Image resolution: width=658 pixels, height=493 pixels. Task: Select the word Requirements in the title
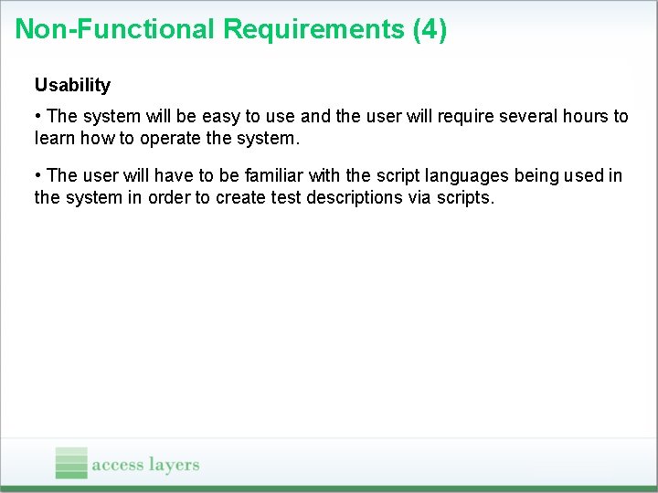313,29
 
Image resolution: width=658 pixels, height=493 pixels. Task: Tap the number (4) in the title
430,29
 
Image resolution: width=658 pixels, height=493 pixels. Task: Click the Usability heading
72,85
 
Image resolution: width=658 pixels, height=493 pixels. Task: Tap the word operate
170,139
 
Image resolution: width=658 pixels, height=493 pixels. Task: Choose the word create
240,197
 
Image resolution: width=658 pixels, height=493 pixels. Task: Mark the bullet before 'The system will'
37,116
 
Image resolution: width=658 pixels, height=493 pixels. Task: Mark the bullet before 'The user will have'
37,174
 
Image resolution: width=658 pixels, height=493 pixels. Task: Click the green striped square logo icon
71,462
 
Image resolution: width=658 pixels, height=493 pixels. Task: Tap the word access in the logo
118,465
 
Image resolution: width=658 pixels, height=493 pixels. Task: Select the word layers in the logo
174,465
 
